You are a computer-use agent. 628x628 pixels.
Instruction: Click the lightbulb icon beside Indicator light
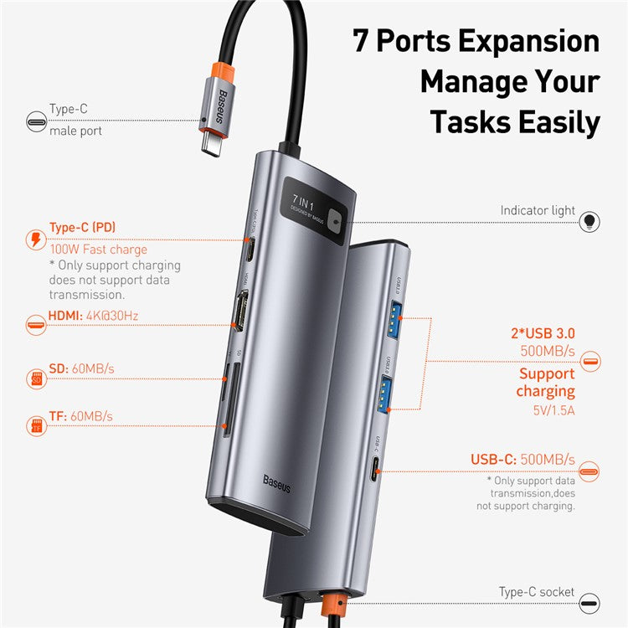coord(590,221)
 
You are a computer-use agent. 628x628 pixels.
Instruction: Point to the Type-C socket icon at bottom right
coord(590,603)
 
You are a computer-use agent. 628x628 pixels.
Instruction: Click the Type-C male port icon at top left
coord(36,121)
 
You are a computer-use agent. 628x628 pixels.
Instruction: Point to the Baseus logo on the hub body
coord(277,482)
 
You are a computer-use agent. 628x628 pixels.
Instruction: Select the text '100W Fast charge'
coord(98,249)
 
